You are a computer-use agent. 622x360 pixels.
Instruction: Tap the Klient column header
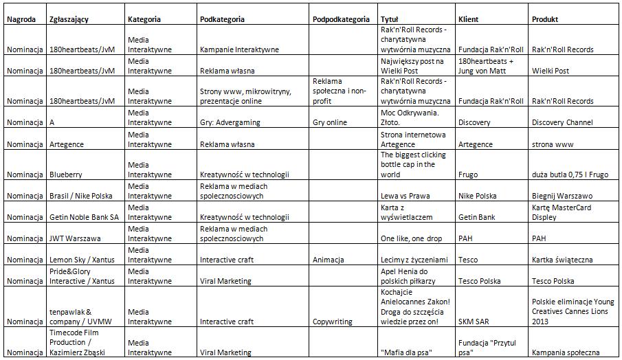pos(468,19)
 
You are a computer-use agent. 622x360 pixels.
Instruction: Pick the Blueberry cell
pos(66,175)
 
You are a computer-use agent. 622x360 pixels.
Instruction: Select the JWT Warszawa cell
pos(76,238)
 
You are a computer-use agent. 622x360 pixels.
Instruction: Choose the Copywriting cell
pos(333,322)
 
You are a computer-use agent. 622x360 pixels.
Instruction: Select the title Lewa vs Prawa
pos(405,196)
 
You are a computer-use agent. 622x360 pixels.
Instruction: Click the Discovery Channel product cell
pos(562,122)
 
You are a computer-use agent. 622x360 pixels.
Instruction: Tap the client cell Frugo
pos(468,175)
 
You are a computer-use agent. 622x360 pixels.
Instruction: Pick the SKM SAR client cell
pos(473,322)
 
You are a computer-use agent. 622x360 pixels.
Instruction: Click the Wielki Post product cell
pos(551,71)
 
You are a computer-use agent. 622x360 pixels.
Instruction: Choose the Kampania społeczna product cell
pos(566,353)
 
